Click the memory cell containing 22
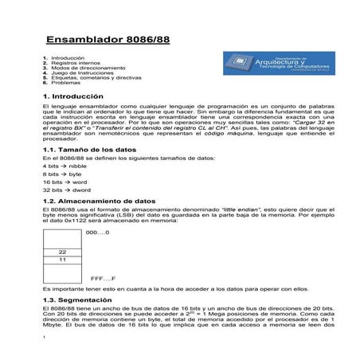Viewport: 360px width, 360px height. (x=62, y=252)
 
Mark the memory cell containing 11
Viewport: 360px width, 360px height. (x=62, y=260)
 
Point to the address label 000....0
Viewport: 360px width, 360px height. (x=97, y=232)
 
